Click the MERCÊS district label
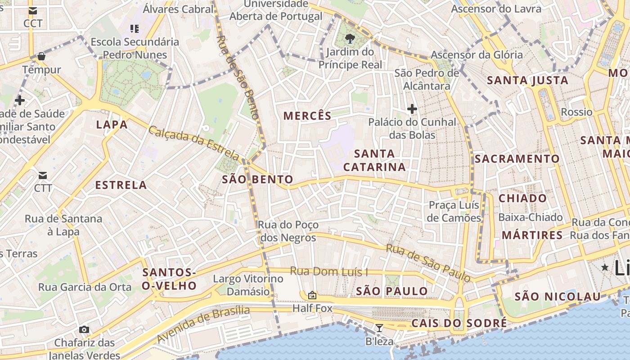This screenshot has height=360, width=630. click(x=307, y=116)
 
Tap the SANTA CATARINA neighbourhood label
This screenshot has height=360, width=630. click(x=374, y=160)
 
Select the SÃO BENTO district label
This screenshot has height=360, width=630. click(x=257, y=180)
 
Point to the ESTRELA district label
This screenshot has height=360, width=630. click(x=121, y=185)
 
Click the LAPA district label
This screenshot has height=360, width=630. click(x=112, y=125)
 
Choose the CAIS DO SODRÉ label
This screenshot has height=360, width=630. click(x=459, y=323)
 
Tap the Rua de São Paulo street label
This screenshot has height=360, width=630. click(x=428, y=262)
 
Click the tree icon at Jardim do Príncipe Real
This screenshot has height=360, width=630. click(x=350, y=39)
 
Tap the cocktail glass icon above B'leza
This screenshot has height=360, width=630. click(x=379, y=328)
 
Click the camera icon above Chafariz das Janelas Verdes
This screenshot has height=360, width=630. click(x=84, y=330)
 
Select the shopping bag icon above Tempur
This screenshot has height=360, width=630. click(x=41, y=56)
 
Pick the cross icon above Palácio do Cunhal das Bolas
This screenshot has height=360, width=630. click(x=412, y=109)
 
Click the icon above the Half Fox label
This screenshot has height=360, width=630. click(x=312, y=295)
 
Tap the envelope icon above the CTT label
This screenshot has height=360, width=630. click(x=43, y=175)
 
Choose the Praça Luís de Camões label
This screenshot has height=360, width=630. click(x=454, y=211)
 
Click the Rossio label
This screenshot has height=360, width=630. click(x=576, y=112)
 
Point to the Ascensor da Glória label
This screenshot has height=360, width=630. click(x=477, y=55)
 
